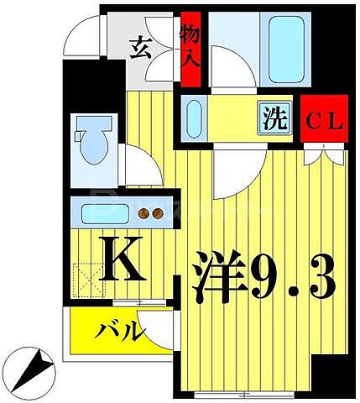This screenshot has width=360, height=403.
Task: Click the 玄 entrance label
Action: coord(140,48)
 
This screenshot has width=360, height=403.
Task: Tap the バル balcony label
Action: coord(114,331)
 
